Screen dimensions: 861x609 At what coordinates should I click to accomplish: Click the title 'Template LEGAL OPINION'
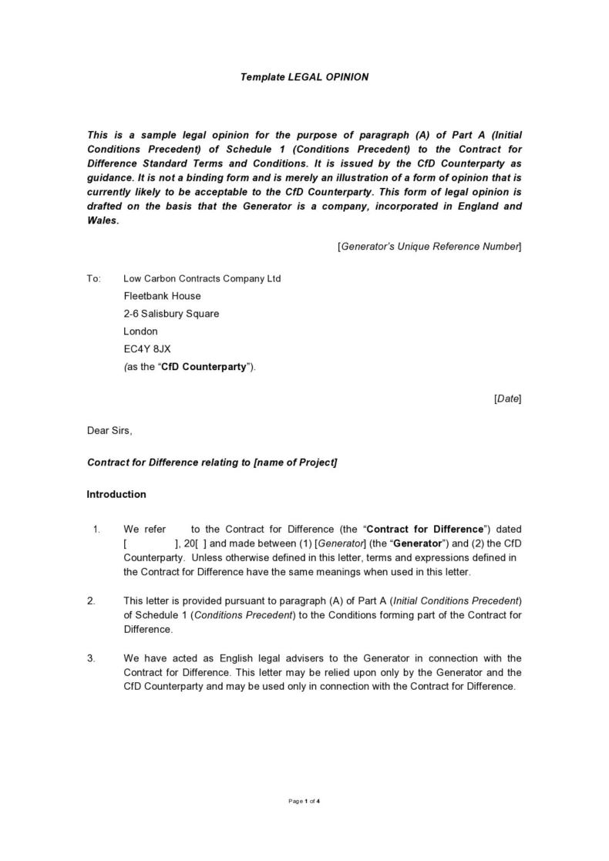coord(304,77)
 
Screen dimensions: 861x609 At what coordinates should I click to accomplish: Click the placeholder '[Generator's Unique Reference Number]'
coord(429,247)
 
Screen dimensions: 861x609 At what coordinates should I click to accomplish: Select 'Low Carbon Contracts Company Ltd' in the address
coord(202,278)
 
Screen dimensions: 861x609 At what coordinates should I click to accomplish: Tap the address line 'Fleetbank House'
coord(162,296)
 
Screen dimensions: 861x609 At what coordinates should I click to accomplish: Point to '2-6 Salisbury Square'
coord(171,314)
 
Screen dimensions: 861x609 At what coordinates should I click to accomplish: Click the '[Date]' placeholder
coord(507,399)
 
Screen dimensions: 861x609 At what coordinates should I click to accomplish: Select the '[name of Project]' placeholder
coord(295,462)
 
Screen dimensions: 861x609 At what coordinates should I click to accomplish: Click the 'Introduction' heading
coord(116,494)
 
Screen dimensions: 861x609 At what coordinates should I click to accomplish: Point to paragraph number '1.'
coord(96,529)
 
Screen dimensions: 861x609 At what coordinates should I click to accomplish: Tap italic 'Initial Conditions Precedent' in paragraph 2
coord(456,600)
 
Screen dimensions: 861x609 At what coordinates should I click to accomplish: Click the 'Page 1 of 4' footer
coord(304,802)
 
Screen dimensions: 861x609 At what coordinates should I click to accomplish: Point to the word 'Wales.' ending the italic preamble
coord(103,220)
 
